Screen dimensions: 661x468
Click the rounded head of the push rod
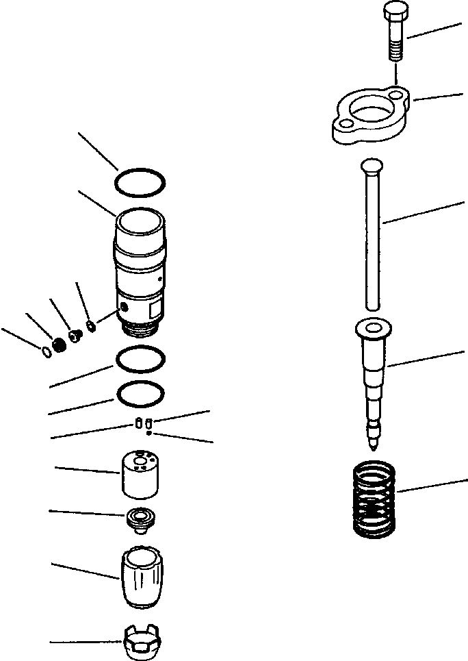pos(372,165)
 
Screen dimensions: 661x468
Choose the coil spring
pos(374,498)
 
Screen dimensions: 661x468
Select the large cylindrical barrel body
pos(140,267)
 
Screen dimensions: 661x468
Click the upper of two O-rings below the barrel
pos(140,359)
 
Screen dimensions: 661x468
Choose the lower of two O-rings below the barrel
pos(140,394)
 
